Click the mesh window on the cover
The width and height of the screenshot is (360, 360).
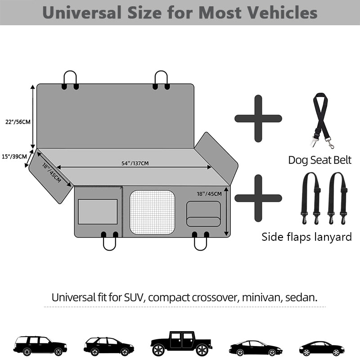[x=152, y=212]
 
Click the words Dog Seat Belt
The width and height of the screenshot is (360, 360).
[x=320, y=160]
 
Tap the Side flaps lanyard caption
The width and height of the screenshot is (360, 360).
[x=306, y=237]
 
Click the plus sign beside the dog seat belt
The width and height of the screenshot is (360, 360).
[x=258, y=118]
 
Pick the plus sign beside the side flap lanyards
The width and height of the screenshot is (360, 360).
[x=258, y=198]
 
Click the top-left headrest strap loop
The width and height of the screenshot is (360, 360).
[x=70, y=78]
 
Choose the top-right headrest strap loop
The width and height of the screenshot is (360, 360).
[x=161, y=78]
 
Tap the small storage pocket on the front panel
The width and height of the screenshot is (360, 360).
[x=204, y=213]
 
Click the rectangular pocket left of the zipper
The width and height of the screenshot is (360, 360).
[x=98, y=211]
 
